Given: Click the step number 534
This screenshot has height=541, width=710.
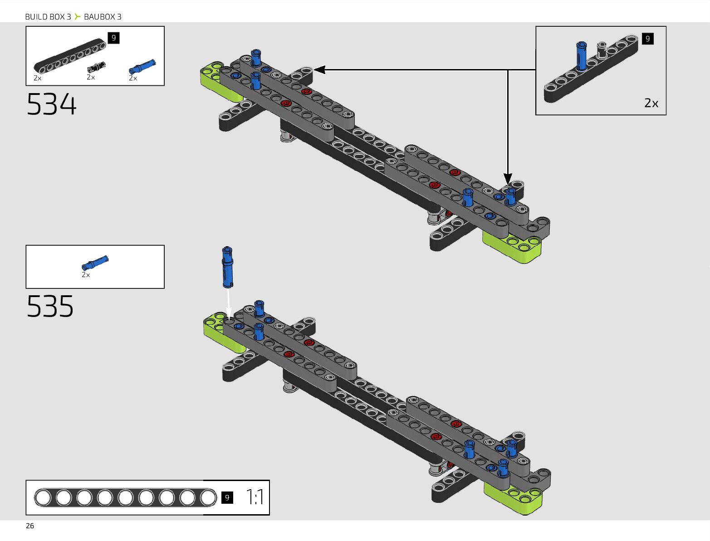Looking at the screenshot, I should coord(52,104).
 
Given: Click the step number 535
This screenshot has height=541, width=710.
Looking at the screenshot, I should coord(50,306).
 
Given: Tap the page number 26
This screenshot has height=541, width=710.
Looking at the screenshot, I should coord(30,526).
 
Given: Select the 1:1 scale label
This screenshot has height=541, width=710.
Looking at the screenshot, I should coord(255,497).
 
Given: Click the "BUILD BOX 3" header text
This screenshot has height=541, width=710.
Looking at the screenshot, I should coord(48,17).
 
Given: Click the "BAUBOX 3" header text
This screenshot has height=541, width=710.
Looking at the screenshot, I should coord(103,17).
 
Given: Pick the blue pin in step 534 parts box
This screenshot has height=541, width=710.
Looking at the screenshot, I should coord(142,67).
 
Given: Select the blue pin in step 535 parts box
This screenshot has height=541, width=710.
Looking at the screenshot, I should coord(95,263).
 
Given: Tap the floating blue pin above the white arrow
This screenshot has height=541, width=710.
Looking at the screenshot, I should coord(228,268).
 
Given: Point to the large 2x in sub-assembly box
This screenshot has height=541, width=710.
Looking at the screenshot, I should coord(651,103).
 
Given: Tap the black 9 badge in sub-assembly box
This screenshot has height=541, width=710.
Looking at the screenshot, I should coord(647,39).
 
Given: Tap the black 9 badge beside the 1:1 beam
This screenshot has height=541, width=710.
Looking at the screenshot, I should coord(227,497).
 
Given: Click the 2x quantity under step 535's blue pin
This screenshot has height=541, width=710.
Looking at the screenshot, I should coord(86,275).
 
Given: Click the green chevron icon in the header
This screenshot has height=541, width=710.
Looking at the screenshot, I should coord(78,17).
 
